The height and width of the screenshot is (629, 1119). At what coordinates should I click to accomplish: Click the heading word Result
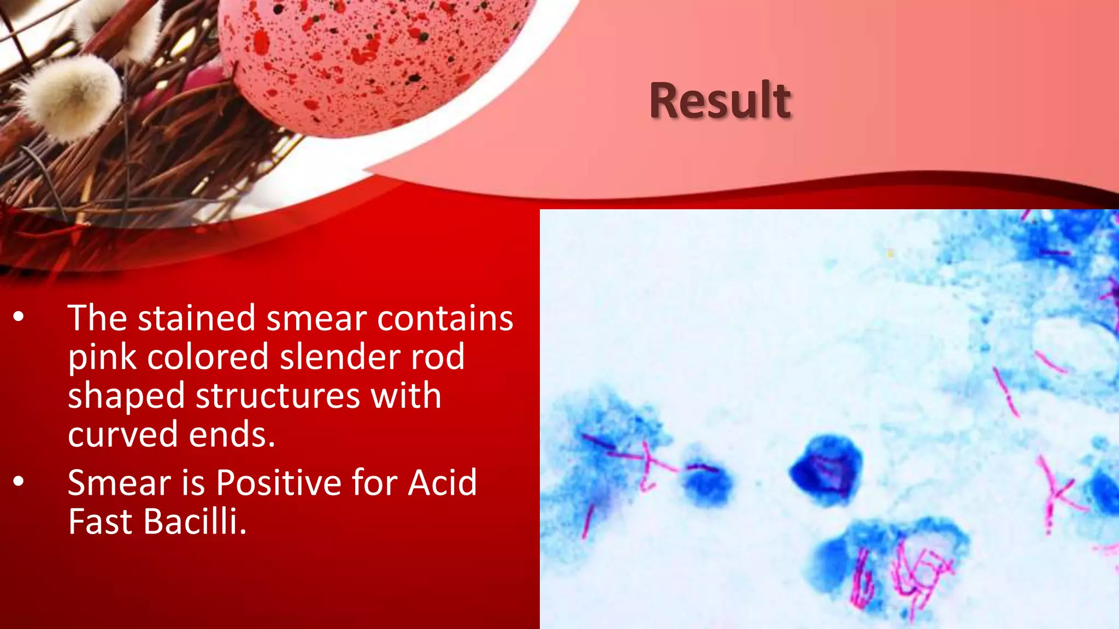[720, 100]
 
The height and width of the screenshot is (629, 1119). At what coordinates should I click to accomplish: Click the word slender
[340, 357]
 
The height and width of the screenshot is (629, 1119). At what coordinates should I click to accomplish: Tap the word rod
[438, 357]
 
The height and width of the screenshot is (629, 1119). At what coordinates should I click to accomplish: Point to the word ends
[232, 435]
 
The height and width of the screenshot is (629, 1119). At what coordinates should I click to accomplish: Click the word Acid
[443, 483]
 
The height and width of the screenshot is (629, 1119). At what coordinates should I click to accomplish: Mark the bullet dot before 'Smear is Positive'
[19, 482]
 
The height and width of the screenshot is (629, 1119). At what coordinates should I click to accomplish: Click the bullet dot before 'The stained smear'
[19, 317]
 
